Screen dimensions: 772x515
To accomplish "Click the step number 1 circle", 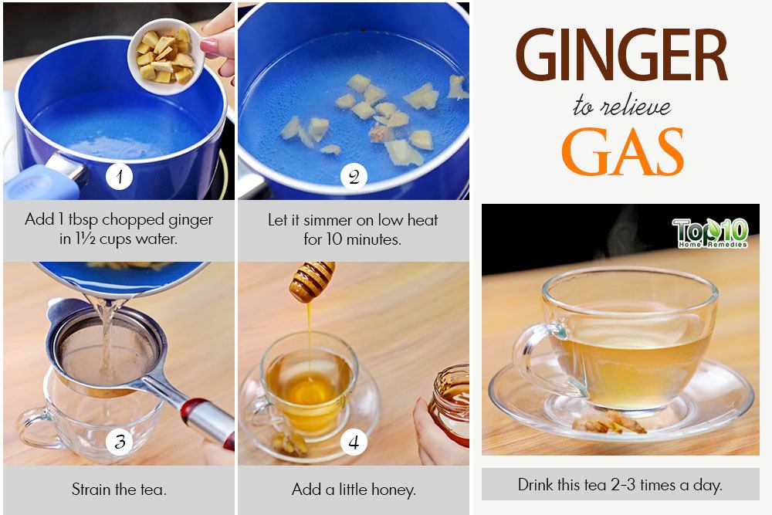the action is coord(119,176).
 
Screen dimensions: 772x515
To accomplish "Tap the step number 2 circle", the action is coord(354,176).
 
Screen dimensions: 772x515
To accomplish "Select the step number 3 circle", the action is coord(119,442).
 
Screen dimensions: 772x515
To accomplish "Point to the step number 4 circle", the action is coord(354,442).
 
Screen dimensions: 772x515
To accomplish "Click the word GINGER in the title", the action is coord(621,55).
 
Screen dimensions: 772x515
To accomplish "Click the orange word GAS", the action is coord(623,152).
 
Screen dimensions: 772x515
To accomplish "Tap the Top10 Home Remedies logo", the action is coord(710,232).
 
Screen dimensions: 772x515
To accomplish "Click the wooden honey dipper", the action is coord(311,281).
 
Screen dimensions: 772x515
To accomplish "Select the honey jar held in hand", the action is coord(449,404).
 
